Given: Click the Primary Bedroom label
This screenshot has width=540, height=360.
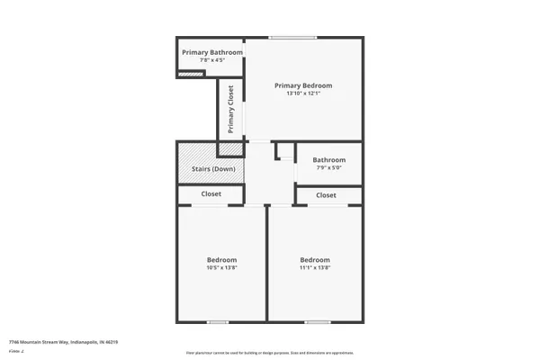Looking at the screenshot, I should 304,85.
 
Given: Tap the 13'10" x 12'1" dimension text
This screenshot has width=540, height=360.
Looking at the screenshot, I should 304,93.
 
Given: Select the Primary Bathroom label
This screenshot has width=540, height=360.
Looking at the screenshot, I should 212,52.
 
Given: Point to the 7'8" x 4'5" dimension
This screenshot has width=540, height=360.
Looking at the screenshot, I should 212,60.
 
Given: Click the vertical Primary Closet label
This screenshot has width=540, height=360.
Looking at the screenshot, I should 231,109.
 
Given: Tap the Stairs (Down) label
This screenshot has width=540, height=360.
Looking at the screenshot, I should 212,169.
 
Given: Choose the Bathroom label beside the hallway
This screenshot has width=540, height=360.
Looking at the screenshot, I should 328,160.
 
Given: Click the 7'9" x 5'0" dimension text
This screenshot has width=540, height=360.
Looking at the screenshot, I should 328,168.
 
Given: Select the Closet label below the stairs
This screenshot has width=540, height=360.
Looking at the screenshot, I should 211,193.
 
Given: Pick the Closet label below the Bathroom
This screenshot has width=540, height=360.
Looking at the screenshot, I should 326,195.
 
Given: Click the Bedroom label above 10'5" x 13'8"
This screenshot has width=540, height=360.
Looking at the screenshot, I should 222,259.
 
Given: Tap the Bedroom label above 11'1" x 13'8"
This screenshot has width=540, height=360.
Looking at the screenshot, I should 315,259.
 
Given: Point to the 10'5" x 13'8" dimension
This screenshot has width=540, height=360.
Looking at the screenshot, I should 222,267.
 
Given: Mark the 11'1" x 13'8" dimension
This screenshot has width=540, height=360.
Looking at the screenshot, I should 315,267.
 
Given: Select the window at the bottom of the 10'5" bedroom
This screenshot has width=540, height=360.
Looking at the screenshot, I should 218,321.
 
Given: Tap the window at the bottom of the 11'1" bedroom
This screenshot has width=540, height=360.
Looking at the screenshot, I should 317,321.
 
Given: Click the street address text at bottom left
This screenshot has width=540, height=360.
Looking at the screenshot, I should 63,342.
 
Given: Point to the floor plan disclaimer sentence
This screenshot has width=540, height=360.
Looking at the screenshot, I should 269,352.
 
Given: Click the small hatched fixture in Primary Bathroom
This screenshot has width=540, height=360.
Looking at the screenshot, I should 185,75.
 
